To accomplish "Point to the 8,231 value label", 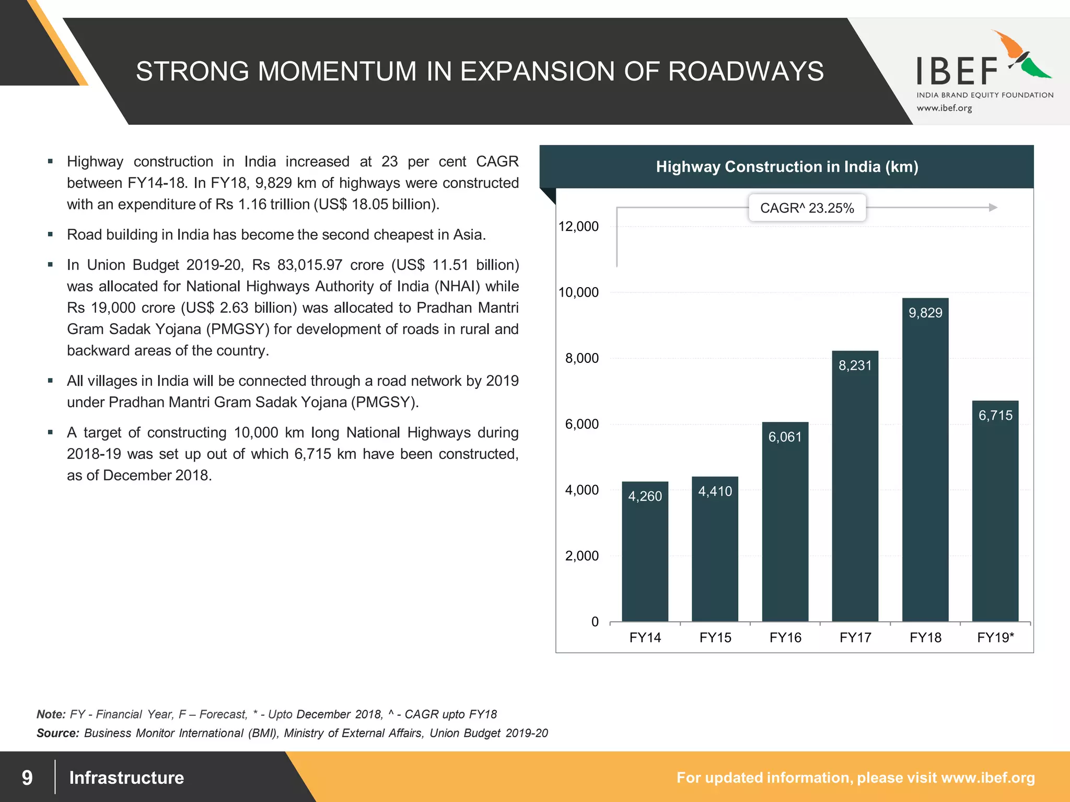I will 855,365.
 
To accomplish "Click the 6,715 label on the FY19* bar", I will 995,416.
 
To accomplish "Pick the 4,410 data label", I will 715,491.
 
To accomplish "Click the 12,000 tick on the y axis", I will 579,227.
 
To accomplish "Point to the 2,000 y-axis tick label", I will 581,556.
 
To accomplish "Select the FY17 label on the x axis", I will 855,638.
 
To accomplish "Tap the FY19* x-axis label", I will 995,638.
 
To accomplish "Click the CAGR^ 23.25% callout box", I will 807,208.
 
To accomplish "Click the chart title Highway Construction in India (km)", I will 787,167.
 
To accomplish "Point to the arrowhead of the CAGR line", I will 993,207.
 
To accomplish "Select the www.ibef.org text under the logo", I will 944,108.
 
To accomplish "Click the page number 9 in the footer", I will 27,777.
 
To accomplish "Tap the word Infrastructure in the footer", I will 126,777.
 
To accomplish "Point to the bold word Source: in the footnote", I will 57,733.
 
